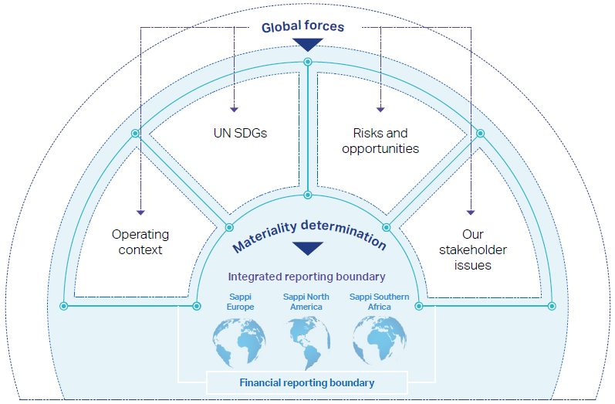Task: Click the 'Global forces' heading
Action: [x=302, y=26]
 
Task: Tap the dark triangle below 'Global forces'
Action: [x=308, y=44]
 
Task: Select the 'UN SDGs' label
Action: [x=241, y=133]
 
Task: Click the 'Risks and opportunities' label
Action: [x=380, y=141]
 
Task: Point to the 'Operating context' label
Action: [x=140, y=242]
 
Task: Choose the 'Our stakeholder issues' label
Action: [x=472, y=250]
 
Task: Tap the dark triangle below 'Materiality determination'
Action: [x=308, y=249]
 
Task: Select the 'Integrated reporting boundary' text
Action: [x=306, y=277]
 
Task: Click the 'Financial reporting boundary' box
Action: [x=307, y=383]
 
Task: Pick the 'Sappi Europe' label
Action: [x=241, y=301]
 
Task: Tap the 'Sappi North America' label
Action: [x=306, y=301]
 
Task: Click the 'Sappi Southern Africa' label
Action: [x=380, y=301]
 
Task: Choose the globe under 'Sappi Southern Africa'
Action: [x=380, y=341]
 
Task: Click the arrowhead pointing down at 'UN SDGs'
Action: [x=234, y=110]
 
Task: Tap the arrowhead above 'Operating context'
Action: [x=140, y=212]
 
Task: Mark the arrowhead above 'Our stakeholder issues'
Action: [x=471, y=212]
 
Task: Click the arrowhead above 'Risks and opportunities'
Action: [x=380, y=110]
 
